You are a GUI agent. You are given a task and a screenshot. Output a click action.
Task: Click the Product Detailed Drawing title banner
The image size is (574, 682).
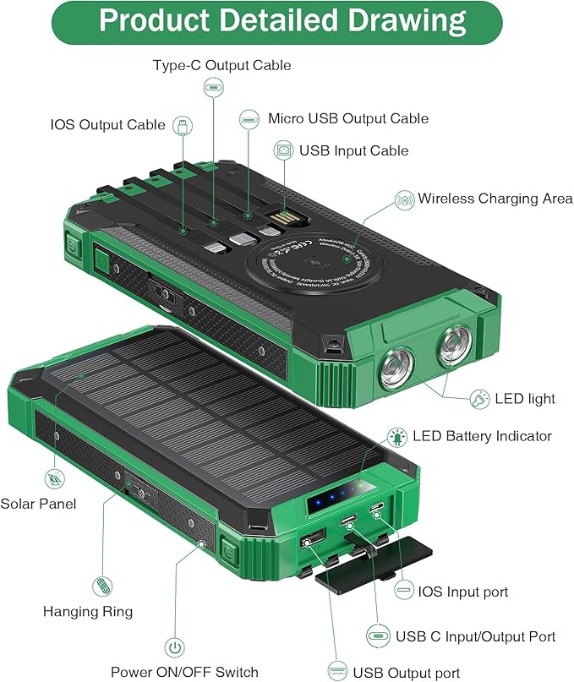click(x=282, y=21)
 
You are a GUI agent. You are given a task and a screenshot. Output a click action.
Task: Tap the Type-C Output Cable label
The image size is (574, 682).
click(x=221, y=65)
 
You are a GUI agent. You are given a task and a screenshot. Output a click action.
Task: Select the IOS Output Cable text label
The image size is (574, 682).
click(x=107, y=125)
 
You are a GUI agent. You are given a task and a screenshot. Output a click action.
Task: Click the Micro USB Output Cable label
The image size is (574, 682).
click(x=347, y=118)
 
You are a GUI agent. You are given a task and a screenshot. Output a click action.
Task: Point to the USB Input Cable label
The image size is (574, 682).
click(x=353, y=150)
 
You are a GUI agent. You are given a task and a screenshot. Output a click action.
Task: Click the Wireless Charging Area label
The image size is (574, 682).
click(x=495, y=199)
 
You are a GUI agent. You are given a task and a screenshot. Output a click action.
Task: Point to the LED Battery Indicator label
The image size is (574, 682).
click(x=482, y=436)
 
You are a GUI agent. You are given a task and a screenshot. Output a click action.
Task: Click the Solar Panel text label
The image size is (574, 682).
click(x=38, y=504)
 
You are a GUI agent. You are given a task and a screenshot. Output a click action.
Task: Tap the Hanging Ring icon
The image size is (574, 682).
click(x=101, y=585)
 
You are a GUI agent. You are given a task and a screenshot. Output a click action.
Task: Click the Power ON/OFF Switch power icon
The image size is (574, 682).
click(x=173, y=648)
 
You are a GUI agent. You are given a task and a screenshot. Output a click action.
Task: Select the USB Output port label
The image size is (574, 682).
click(x=407, y=673)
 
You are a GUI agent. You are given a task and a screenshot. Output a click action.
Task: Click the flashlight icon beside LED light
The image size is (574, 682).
click(x=479, y=397)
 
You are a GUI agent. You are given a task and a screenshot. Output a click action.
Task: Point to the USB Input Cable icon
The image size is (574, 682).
click(x=283, y=150)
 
